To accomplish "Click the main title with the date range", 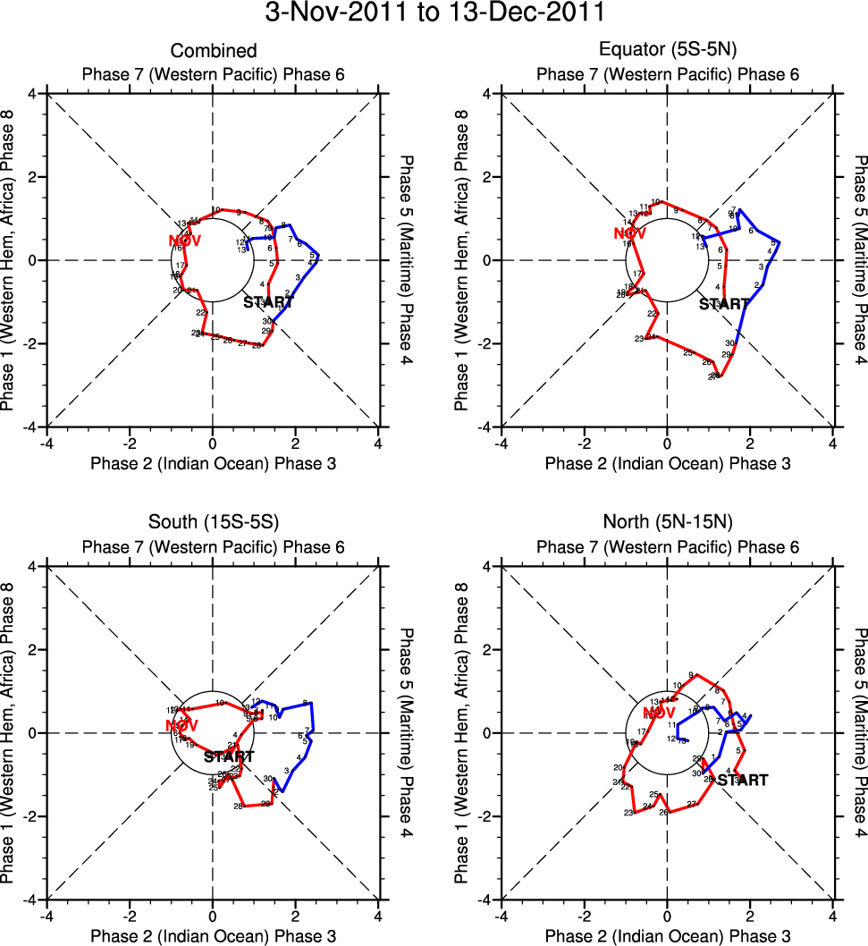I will coord(434,14).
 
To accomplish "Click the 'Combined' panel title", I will coord(213,51).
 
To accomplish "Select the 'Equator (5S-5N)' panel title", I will coord(668,51).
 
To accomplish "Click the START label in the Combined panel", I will coord(268,302).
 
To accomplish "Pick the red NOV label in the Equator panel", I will coord(630,234).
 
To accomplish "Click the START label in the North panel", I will coord(743,780).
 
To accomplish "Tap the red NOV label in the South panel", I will coord(181,725).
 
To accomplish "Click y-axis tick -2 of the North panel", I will coord(479,816).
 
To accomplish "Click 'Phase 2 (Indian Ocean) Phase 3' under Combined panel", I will coord(213,463).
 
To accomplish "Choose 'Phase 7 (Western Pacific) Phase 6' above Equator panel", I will coord(668,73).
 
